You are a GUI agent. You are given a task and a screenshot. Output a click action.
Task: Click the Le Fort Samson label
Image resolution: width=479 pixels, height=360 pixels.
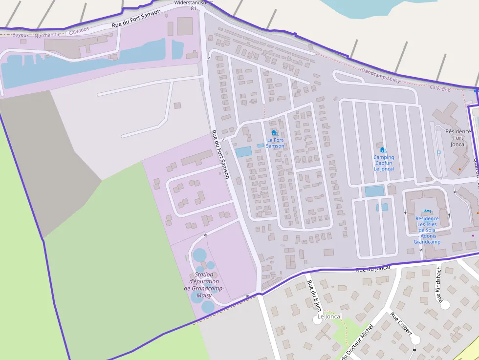[x=275, y=143]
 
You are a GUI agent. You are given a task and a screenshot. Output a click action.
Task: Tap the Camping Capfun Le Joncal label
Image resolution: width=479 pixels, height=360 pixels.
[x=384, y=163]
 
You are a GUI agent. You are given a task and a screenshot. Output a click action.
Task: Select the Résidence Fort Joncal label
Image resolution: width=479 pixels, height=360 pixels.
[x=458, y=138]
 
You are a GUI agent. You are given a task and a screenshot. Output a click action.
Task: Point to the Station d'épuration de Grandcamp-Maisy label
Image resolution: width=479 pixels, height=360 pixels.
[x=204, y=285]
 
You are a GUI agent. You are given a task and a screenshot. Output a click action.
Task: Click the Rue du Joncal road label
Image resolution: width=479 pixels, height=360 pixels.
[x=373, y=269]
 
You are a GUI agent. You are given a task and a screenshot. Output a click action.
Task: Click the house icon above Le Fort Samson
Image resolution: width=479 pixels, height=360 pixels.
[x=274, y=132]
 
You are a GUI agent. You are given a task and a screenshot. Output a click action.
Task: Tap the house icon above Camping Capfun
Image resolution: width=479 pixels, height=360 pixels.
[x=382, y=149]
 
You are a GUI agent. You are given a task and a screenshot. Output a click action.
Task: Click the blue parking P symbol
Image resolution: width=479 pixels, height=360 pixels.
[x=438, y=153]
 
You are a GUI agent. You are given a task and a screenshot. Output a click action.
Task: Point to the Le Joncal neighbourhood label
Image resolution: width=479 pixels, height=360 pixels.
[x=329, y=317]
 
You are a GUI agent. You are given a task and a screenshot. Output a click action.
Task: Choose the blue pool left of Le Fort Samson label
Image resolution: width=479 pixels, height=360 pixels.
[x=243, y=152]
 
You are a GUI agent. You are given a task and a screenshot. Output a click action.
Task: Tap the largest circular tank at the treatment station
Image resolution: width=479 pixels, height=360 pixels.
[x=199, y=255]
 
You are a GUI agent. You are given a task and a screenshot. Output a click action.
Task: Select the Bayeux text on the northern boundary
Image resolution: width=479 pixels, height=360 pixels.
[x=21, y=35]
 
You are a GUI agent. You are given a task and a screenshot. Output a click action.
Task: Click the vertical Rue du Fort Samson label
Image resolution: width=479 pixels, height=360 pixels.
[x=220, y=154]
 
